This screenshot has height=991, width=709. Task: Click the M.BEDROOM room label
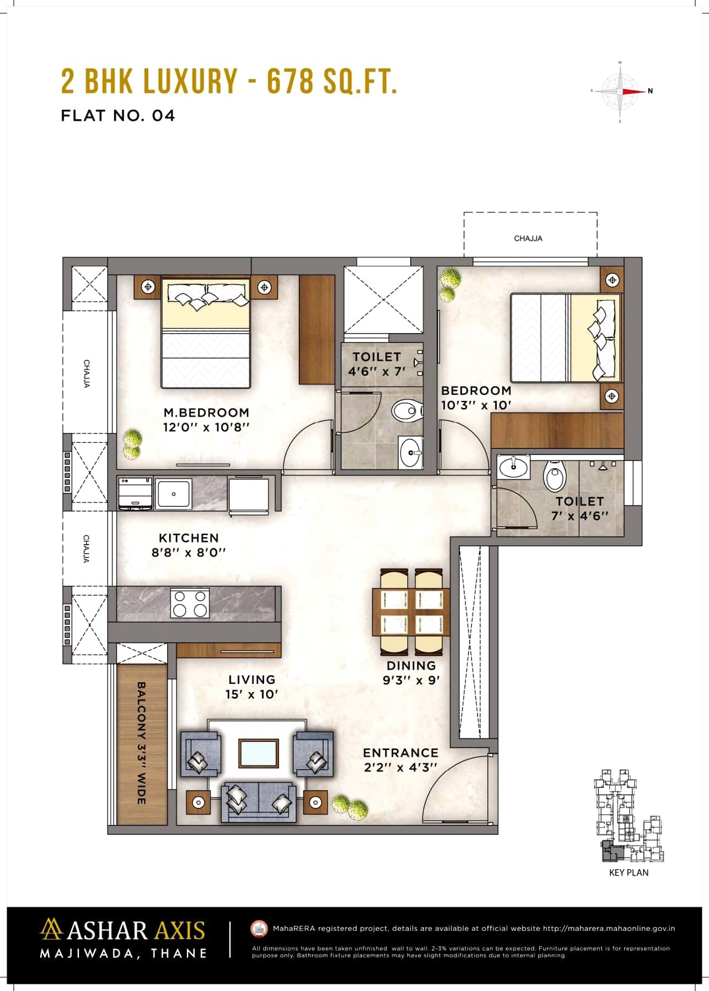coord(206,412)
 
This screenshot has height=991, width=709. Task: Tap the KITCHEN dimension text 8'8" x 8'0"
coord(189,552)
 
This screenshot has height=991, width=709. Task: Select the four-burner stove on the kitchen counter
coord(190,603)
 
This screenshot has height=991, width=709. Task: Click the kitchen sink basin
coord(174,494)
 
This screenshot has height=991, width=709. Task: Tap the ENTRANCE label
coord(400,752)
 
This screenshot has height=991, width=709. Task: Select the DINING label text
coord(411,665)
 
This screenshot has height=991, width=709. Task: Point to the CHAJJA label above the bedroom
coord(528,238)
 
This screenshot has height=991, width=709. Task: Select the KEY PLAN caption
coord(629,872)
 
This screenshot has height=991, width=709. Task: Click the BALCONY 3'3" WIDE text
coord(141,742)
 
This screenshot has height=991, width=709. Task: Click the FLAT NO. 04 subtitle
coord(117,115)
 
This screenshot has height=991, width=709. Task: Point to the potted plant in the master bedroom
coord(132,444)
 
